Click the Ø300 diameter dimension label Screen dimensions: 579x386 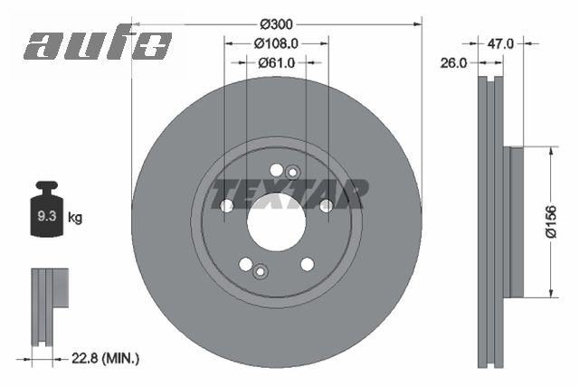[276, 24]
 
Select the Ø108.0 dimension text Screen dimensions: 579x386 [276, 43]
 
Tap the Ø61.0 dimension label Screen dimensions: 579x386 [276, 63]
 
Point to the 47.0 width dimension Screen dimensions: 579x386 [500, 44]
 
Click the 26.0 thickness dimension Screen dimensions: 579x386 [453, 63]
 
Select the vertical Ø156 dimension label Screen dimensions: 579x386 [551, 221]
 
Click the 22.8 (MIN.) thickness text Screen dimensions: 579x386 [105, 358]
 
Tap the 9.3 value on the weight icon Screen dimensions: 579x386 [46, 216]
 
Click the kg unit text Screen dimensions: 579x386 [75, 217]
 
